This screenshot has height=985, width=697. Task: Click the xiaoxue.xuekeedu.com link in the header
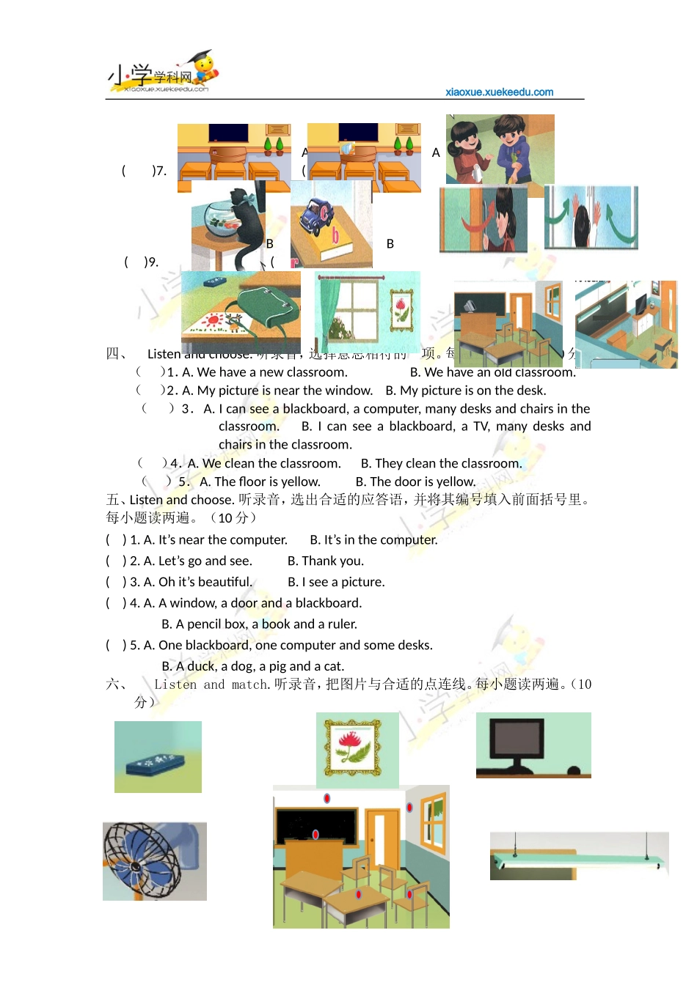point(499,92)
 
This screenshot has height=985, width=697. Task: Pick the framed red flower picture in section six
point(353,748)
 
